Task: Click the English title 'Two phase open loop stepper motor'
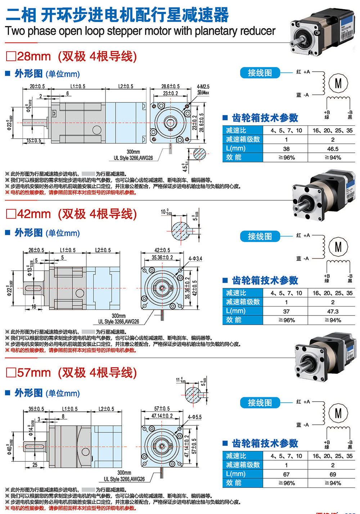click(x=140, y=31)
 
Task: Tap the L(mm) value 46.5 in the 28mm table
click(x=333, y=149)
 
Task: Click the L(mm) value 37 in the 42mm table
click(x=286, y=312)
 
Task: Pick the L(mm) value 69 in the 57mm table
click(x=333, y=474)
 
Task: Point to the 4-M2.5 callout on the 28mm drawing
click(x=203, y=87)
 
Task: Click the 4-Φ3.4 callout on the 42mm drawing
click(x=195, y=259)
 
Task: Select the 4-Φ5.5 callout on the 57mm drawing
click(x=195, y=417)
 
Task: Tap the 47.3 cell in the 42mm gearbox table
click(x=333, y=312)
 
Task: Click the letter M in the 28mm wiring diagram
click(x=338, y=84)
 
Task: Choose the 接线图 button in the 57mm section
click(x=260, y=403)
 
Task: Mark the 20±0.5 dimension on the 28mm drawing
click(x=37, y=86)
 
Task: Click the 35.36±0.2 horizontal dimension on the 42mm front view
click(x=162, y=258)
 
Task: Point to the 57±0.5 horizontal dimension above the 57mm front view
click(x=162, y=409)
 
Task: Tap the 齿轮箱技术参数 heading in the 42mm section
click(x=265, y=280)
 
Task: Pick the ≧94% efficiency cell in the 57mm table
click(x=333, y=483)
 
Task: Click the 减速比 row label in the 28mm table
click(x=236, y=130)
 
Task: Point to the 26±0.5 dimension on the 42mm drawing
click(x=36, y=250)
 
